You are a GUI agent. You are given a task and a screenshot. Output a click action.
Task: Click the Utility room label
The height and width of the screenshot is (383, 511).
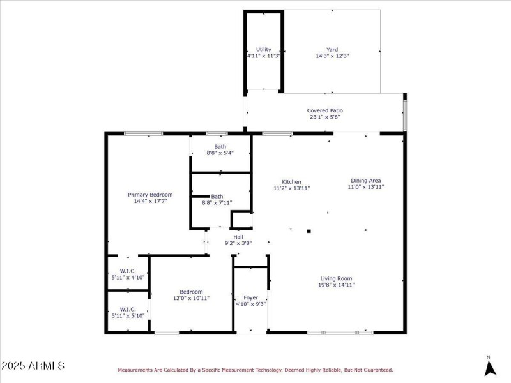264,49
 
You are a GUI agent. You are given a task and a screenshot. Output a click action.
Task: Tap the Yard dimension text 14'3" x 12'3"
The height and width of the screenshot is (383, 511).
332,56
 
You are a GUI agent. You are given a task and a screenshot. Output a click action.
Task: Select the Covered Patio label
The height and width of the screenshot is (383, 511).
325,110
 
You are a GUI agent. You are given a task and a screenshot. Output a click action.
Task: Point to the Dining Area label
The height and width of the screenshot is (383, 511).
366,181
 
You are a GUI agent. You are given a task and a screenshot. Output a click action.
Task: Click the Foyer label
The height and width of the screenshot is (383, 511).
250,298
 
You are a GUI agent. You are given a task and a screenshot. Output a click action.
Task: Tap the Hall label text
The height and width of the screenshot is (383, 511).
238,237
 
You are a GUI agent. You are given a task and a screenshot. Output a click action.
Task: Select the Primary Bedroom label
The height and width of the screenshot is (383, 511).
150,195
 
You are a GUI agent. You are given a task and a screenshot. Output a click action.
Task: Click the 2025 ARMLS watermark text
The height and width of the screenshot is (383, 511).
33,366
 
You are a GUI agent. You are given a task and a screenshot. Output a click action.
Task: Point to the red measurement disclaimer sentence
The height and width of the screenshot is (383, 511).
255,370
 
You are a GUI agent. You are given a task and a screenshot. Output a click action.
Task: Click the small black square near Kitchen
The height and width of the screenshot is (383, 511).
309,231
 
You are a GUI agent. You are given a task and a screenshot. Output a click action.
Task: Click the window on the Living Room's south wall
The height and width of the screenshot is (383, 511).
340,333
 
